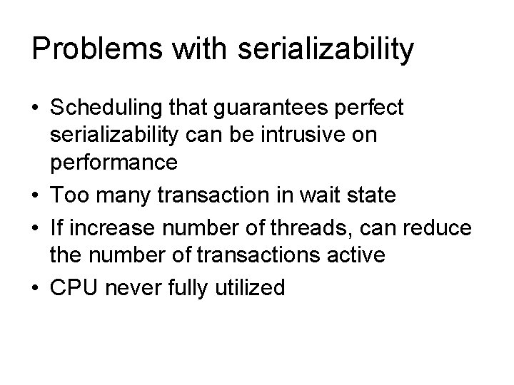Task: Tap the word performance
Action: tap(113, 163)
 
